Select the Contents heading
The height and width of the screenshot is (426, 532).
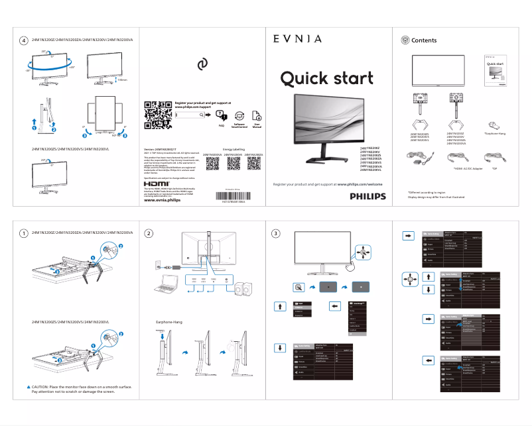424,40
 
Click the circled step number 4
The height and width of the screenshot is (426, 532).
24,40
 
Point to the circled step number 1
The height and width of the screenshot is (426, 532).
24,233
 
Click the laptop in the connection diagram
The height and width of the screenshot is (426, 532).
164,289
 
